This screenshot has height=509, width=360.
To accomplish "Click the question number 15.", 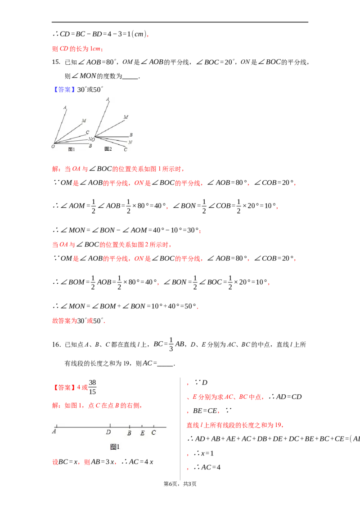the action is click(56, 62).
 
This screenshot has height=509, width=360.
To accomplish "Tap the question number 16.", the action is click(56, 344).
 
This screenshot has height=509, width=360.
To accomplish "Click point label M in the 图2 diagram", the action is click(126, 117).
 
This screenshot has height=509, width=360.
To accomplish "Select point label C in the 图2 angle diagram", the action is click(126, 149).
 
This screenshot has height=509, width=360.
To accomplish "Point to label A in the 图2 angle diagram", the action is click(108, 99).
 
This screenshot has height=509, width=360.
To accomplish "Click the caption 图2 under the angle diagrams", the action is click(108, 149).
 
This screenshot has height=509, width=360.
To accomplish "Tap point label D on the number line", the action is click(108, 432).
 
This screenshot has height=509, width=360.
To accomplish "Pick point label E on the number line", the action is click(142, 433).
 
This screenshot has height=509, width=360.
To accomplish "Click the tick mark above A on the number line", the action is click(57, 425).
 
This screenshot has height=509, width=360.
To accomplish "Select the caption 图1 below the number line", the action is click(115, 446).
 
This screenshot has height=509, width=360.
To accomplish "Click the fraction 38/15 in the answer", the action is click(92, 387).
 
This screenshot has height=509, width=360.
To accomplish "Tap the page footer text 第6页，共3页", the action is click(180, 484).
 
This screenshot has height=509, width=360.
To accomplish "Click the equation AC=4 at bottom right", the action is click(211, 467).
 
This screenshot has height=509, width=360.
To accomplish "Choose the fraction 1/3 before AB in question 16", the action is click(171, 344).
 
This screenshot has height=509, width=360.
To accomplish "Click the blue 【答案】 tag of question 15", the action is click(64, 89).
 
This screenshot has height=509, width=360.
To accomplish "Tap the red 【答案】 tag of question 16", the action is click(64, 387).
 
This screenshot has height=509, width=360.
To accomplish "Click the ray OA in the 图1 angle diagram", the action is click(60, 127).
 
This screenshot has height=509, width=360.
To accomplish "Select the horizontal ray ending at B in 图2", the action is click(112, 137).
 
